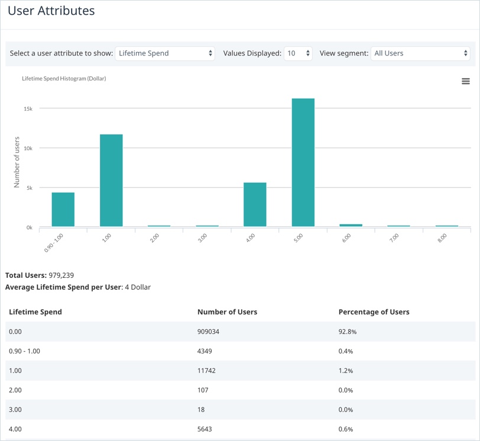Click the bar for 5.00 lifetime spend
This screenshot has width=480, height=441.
click(303, 163)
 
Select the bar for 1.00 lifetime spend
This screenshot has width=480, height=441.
click(111, 180)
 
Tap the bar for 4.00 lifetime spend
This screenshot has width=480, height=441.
click(255, 205)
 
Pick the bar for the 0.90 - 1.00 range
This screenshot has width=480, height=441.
click(63, 209)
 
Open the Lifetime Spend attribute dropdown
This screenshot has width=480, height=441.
click(165, 53)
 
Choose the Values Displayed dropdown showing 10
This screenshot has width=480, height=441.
click(298, 53)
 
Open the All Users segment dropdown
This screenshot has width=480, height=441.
click(420, 53)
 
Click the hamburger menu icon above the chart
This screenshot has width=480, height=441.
click(465, 81)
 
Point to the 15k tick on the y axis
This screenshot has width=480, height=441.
click(28, 108)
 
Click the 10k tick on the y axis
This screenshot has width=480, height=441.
click(28, 148)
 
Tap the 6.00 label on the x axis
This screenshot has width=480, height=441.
click(346, 239)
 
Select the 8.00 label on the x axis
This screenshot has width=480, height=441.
click(442, 239)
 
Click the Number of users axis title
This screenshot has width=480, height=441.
click(17, 162)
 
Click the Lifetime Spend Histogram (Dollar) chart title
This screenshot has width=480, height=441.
click(64, 78)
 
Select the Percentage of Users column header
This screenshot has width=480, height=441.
click(374, 312)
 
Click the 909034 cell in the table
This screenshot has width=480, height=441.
click(208, 332)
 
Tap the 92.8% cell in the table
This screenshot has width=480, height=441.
click(347, 332)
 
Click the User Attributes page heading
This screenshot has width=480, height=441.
click(51, 11)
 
